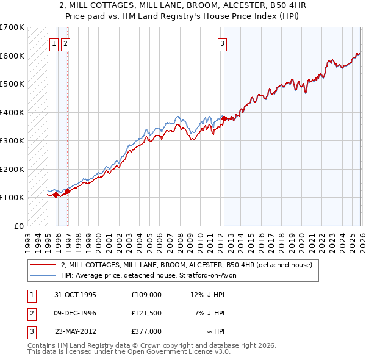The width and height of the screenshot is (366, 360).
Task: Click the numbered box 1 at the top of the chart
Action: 54,43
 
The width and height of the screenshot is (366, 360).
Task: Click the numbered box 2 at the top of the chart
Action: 65,43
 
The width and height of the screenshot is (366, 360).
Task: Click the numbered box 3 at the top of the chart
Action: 223,43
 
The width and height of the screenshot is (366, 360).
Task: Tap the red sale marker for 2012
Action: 224,118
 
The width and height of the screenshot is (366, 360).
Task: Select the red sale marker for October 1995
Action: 56,195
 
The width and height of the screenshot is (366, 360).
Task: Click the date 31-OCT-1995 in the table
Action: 76,295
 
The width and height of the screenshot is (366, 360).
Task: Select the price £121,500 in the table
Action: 146,313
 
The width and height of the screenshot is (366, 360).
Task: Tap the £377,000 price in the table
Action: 146,331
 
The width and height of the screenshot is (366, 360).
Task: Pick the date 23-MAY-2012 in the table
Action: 76,331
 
